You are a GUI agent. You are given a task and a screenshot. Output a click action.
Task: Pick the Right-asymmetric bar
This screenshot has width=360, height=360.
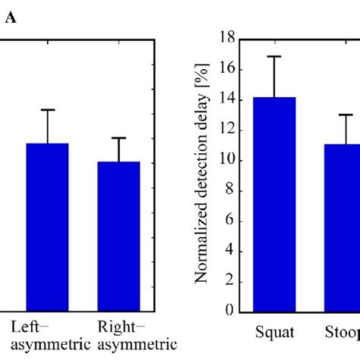point(119,235)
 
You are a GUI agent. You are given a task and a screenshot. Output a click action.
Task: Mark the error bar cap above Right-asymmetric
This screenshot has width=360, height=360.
point(119,137)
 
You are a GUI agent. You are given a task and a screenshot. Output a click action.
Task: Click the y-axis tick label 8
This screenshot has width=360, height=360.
point(227,191)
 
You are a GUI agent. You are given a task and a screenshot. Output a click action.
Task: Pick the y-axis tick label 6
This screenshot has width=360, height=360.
point(227,221)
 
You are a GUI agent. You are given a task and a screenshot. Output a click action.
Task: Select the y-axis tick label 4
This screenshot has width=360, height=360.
point(227,251)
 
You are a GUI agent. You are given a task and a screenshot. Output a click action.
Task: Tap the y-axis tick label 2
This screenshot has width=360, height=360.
point(227,282)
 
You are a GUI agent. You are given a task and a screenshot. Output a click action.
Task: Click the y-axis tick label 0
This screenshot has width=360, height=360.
point(227,312)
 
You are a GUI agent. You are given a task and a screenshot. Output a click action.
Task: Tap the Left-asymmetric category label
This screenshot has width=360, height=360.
point(47,335)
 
